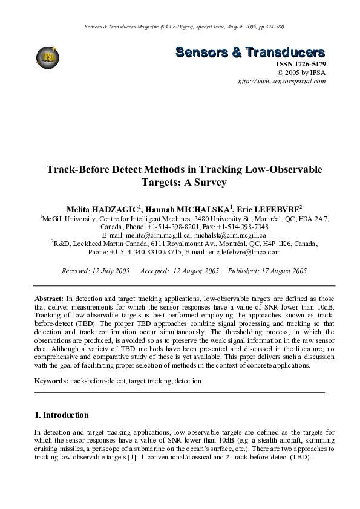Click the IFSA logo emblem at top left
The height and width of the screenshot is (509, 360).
point(47,57)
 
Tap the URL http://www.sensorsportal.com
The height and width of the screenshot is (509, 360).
point(282,80)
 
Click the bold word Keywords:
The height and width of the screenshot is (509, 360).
point(51,381)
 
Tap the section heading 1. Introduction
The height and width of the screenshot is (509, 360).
point(62,415)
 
